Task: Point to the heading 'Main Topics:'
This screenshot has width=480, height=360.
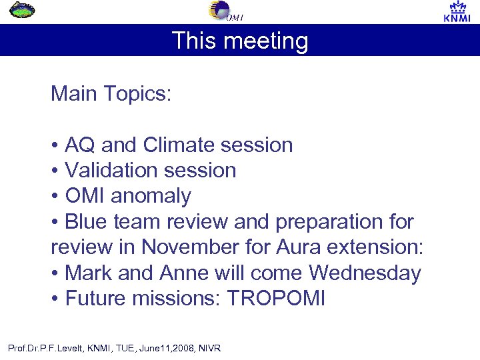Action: pyautogui.click(x=111, y=93)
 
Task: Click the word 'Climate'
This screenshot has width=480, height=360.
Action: pyautogui.click(x=181, y=145)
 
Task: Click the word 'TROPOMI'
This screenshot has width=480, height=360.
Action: pyautogui.click(x=276, y=298)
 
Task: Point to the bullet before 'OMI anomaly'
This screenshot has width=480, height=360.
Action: pyautogui.click(x=55, y=196)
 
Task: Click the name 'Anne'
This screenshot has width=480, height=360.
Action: pyautogui.click(x=182, y=273)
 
